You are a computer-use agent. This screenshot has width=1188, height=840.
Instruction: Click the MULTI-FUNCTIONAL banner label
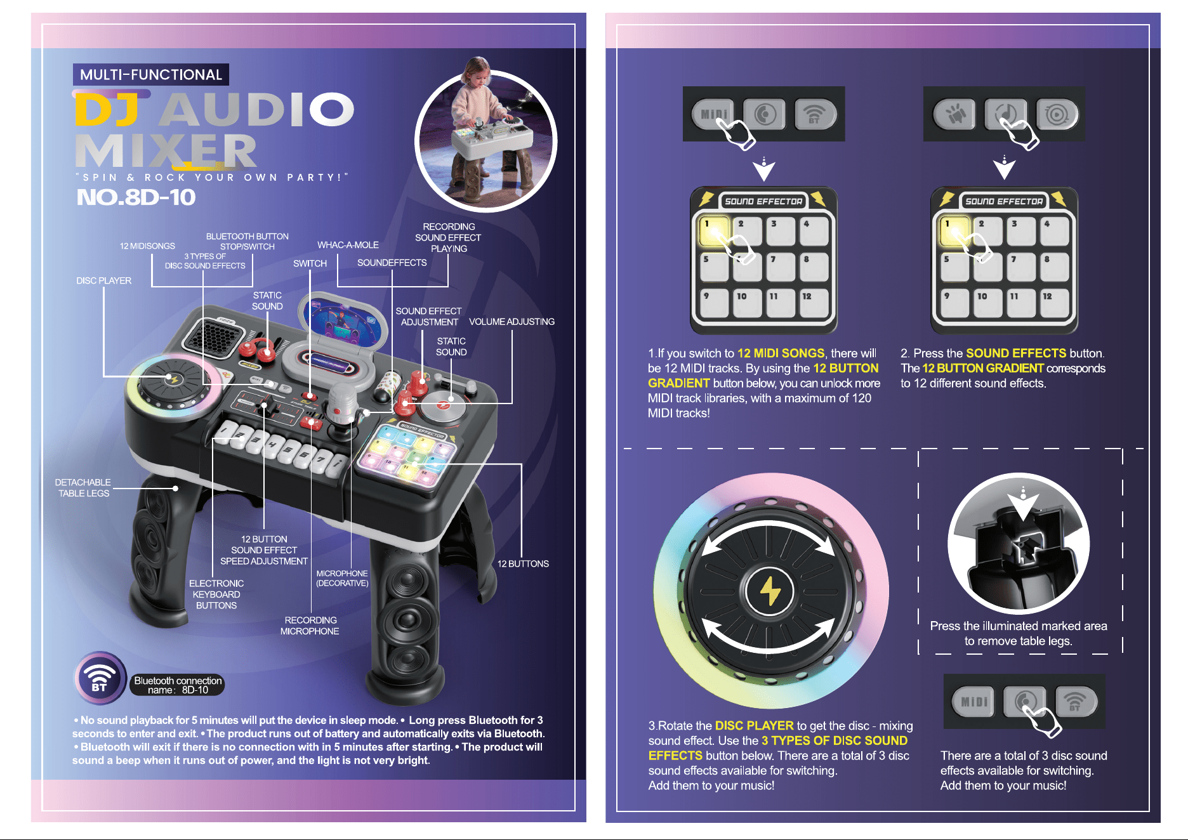151,75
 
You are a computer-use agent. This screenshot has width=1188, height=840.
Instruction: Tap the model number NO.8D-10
136,197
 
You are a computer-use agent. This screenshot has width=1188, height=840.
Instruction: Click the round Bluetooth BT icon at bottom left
100,678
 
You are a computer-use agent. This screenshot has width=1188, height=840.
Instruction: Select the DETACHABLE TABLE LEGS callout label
82,488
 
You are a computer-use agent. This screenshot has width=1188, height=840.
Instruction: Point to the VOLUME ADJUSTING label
511,322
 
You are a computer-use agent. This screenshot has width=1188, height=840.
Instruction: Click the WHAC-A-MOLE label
348,245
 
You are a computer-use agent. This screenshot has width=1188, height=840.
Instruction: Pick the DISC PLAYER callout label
103,280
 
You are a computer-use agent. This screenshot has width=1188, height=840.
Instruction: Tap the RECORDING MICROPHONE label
310,626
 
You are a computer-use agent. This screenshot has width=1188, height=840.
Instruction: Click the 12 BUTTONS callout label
523,563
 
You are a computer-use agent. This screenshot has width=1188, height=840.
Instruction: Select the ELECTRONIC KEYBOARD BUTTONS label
216,594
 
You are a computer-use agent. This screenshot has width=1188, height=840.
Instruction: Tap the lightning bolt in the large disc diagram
770,590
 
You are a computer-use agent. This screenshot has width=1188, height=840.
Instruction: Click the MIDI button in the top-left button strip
713,114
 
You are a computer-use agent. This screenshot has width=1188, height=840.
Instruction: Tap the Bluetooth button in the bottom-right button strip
1076,702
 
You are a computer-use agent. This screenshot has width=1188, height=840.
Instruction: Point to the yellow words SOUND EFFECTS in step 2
1016,353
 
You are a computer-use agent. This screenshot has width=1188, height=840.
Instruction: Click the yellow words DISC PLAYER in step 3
754,726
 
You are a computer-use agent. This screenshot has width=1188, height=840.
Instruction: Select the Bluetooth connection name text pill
178,685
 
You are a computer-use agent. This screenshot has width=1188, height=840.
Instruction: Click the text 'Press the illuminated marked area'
1019,626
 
